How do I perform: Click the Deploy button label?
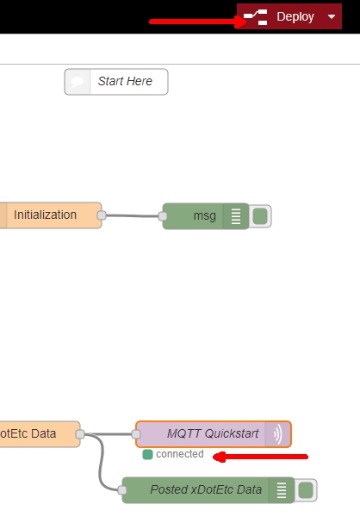pyautogui.click(x=295, y=16)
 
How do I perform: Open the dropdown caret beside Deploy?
pyautogui.click(x=332, y=16)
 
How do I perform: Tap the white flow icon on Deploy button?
pyautogui.click(x=255, y=17)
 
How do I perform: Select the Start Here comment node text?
pyautogui.click(x=125, y=81)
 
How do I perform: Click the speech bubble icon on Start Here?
pyautogui.click(x=78, y=82)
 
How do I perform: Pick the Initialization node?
pyautogui.click(x=51, y=215)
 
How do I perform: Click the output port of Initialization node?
pyautogui.click(x=102, y=215)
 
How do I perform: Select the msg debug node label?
pyautogui.click(x=205, y=215)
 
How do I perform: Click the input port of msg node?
pyautogui.click(x=162, y=216)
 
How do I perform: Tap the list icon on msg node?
pyautogui.click(x=236, y=216)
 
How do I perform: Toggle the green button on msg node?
pyautogui.click(x=260, y=216)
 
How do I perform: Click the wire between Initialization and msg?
pyautogui.click(x=132, y=215)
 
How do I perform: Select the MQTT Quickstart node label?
pyautogui.click(x=213, y=433)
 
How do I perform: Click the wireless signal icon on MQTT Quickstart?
pyautogui.click(x=278, y=434)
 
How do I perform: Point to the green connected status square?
pyautogui.click(x=147, y=454)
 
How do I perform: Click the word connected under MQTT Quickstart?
pyautogui.click(x=180, y=454)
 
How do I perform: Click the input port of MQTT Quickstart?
pyautogui.click(x=136, y=434)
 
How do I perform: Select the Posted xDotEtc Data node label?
pyautogui.click(x=206, y=489)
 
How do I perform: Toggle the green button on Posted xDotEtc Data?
pyautogui.click(x=306, y=490)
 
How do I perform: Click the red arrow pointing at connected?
pyautogui.click(x=260, y=457)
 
